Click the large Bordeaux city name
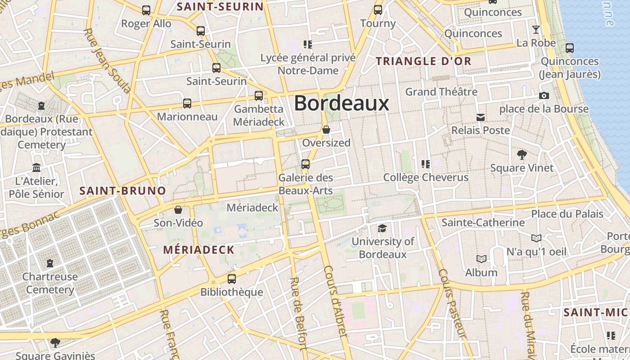tap(342, 103)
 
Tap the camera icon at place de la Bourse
tap(544, 95)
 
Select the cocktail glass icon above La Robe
tap(536, 30)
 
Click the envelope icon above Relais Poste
tap(481, 117)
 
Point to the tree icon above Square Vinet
tap(522, 155)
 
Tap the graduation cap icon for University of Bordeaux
tap(382, 228)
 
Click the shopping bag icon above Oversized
tap(326, 130)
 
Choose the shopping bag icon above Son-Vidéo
tap(178, 210)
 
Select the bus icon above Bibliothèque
tap(232, 279)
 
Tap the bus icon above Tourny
tap(378, 10)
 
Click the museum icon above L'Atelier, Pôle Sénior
tap(36, 168)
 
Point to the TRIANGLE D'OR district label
tap(423, 61)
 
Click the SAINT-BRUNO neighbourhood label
tap(123, 191)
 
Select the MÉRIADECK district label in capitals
tap(198, 250)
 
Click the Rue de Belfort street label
tap(298, 313)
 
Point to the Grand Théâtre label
tap(441, 92)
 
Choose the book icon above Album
tap(481, 259)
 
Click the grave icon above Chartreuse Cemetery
tap(50, 263)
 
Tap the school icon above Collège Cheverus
tap(425, 164)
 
